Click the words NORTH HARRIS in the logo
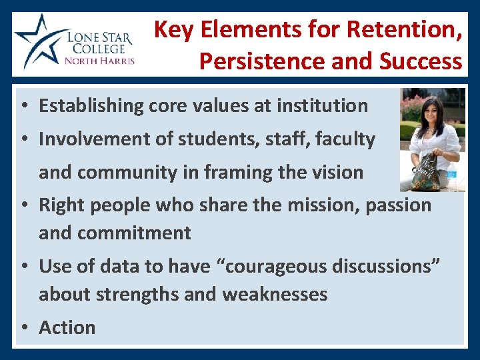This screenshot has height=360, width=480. pyautogui.click(x=99, y=61)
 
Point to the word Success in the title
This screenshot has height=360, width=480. pyautogui.click(x=421, y=61)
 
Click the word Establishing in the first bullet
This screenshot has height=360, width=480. pyautogui.click(x=91, y=105)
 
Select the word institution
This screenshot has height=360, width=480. pyautogui.click(x=322, y=105)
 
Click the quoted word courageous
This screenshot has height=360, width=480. pyautogui.click(x=267, y=266)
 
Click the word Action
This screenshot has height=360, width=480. pyautogui.click(x=67, y=327)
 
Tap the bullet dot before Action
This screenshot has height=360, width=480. pyautogui.click(x=24, y=328)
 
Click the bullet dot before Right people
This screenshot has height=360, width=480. pyautogui.click(x=24, y=205)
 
